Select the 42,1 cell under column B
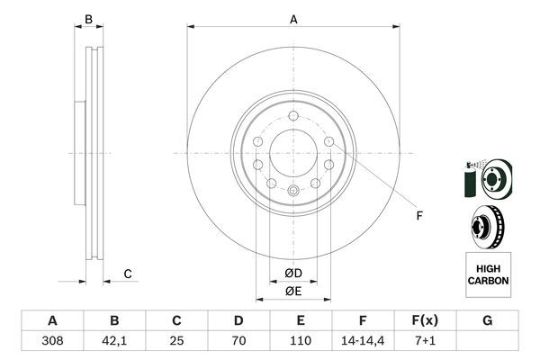pos(114,341)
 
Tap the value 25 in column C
pos(176,341)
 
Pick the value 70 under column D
pos(238,341)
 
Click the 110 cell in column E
pos(301,341)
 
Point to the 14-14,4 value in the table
pos(363,341)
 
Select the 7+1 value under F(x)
pos(425,341)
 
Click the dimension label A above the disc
pos(293,19)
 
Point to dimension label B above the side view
pos(88,19)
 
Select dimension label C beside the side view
pos(128,274)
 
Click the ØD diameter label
pos(293,274)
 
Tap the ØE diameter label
pos(293,291)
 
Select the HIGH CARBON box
pos(488,275)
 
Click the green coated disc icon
pos(486,179)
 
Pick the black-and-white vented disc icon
pos(487,225)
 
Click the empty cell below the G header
pos(487,341)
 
